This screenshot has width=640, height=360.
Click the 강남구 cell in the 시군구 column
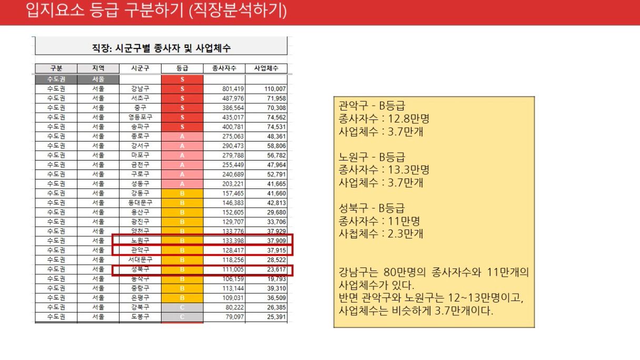[140, 89]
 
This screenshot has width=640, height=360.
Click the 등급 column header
[182, 68]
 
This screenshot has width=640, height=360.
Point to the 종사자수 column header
[224, 68]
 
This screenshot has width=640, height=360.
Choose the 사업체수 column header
[266, 68]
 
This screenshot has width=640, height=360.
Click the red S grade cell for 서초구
[182, 98]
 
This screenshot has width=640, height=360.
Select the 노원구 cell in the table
[140, 241]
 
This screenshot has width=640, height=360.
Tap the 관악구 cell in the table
[140, 250]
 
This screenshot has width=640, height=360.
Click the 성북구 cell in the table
[140, 269]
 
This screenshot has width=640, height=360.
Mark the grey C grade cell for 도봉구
[182, 317]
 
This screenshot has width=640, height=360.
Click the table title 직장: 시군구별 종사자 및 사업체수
[161, 48]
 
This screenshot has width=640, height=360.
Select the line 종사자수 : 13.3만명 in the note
[384, 170]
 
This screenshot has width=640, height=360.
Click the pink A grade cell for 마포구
[182, 155]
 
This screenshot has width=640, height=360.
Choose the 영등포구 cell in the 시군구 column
[140, 117]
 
